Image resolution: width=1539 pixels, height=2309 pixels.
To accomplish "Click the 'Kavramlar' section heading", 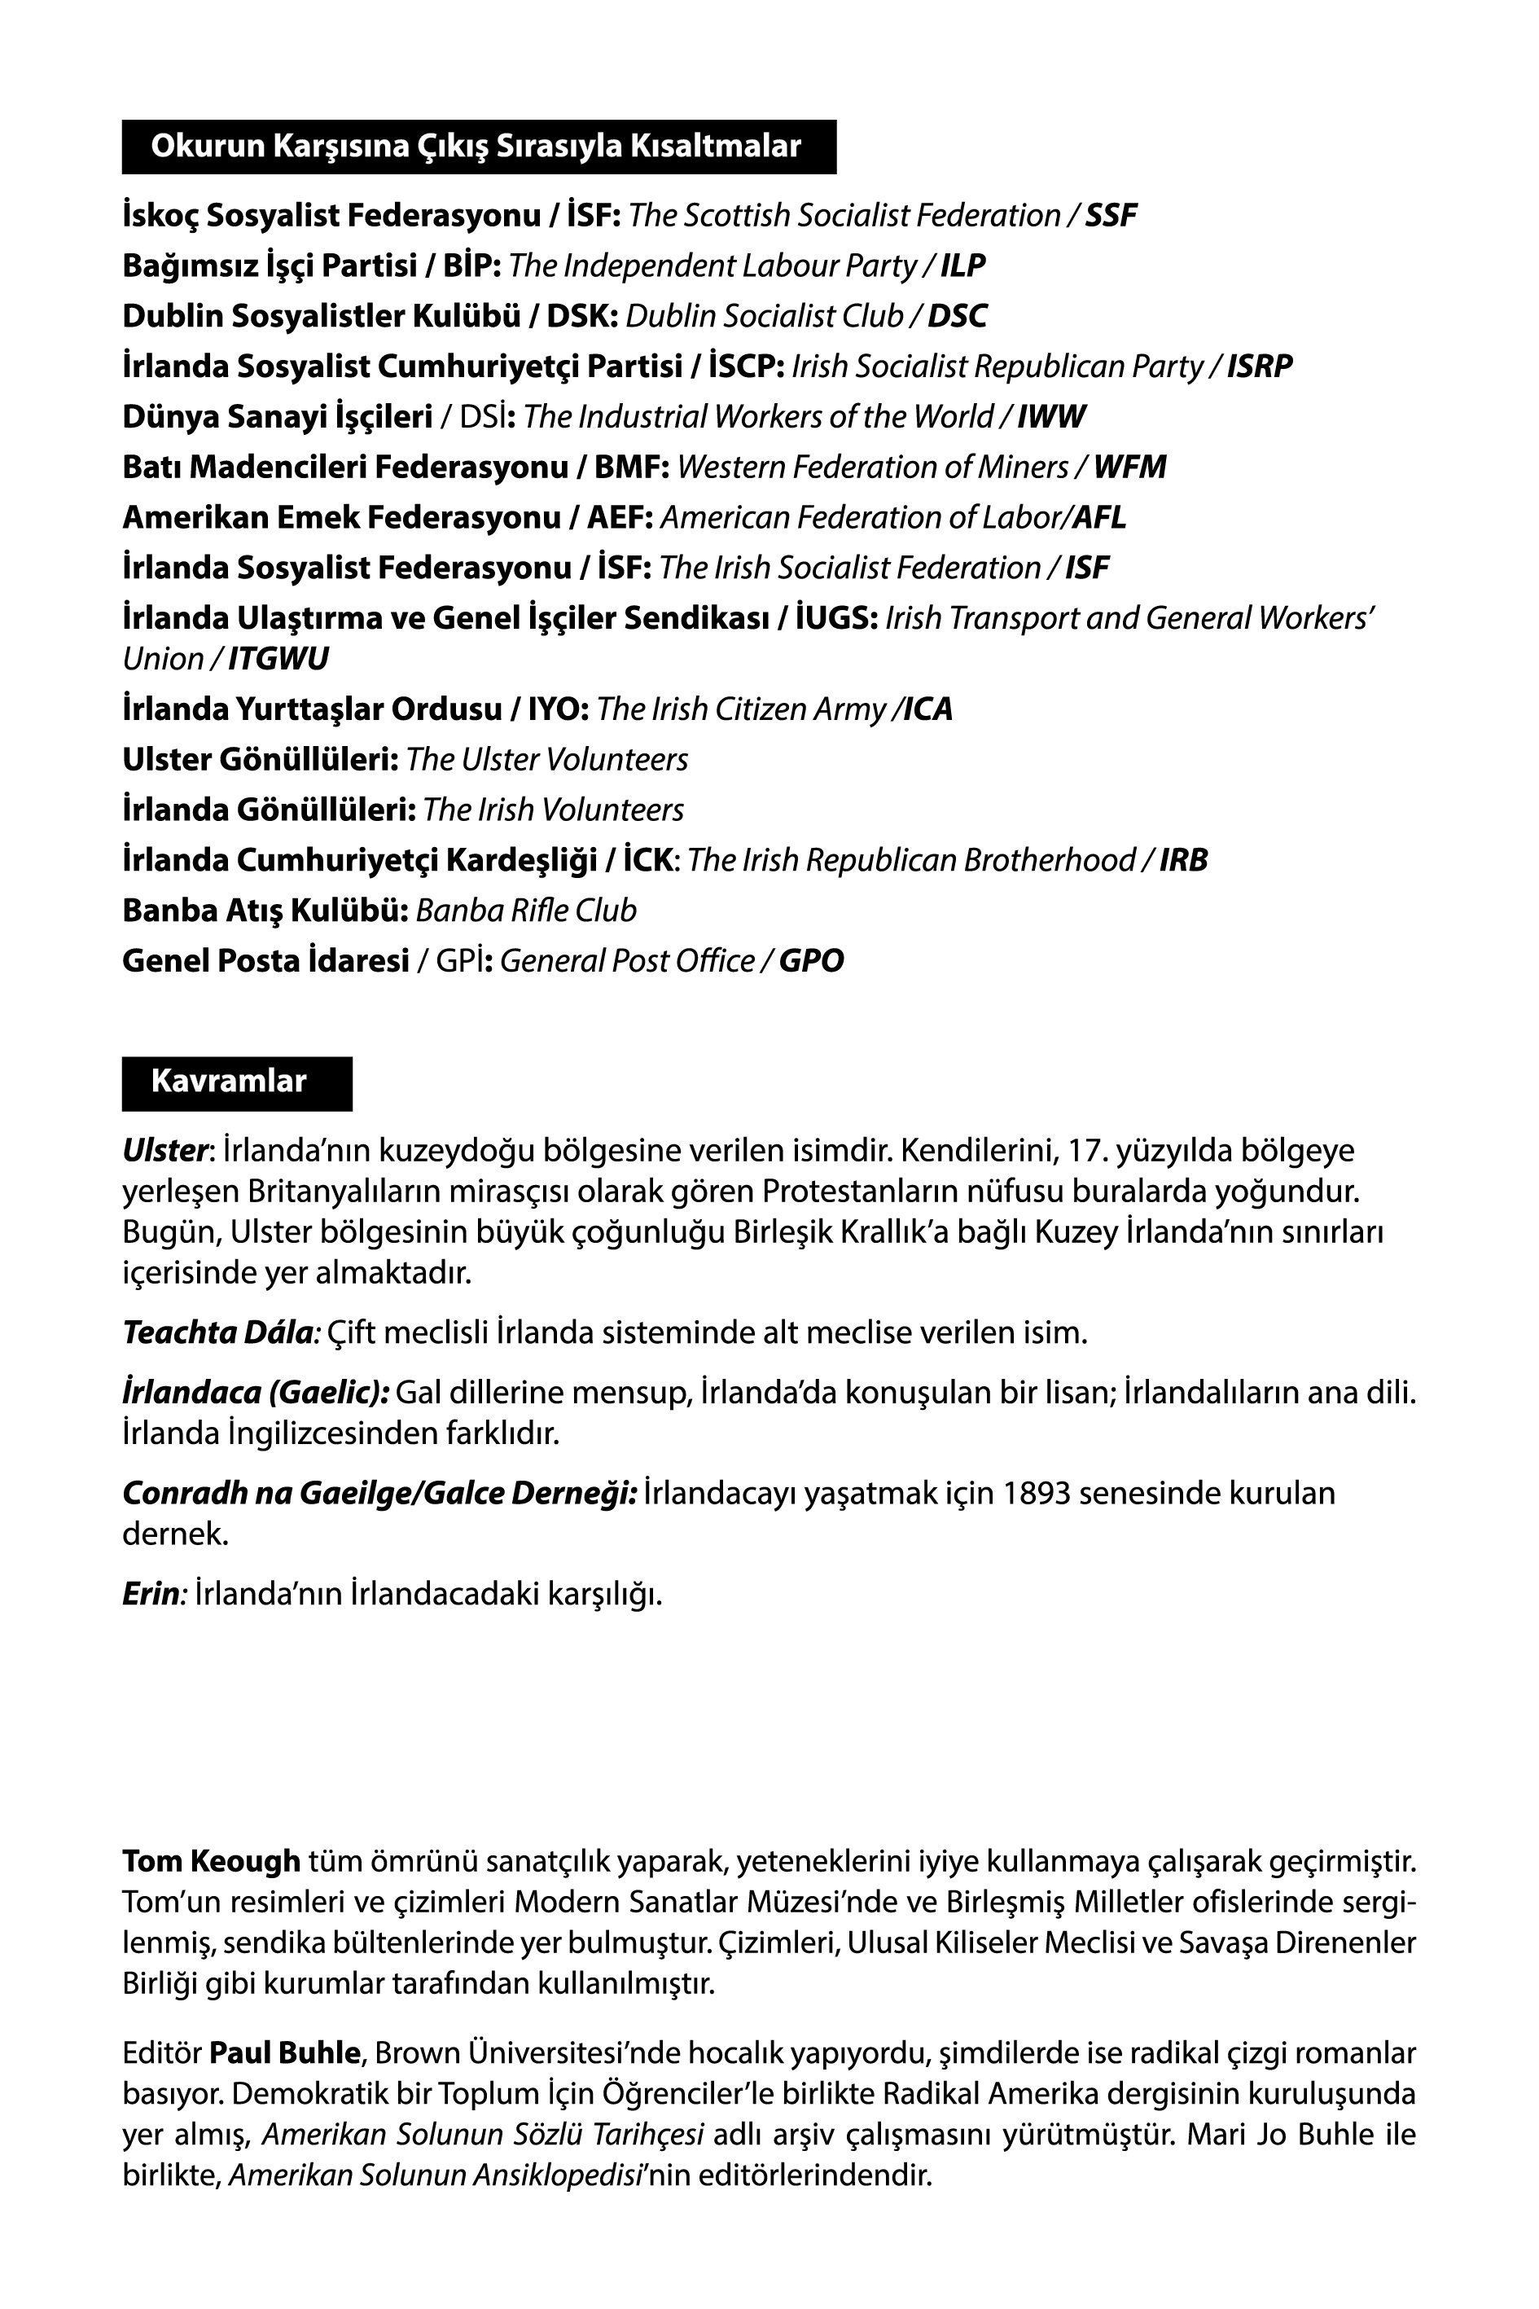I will pos(229,1082).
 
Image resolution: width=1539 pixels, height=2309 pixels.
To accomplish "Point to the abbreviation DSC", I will pos(957,316).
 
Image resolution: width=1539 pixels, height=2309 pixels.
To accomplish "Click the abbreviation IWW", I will pos(1051,417).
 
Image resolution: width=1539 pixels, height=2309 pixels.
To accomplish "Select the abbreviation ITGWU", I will pos(278,659).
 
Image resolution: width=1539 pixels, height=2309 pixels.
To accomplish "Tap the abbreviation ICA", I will pos(927,709).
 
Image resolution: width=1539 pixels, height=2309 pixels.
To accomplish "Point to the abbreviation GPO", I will pos(811,961).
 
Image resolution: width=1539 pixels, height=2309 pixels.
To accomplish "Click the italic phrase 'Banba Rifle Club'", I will pos(526,911).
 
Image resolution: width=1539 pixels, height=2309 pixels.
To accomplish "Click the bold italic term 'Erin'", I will pos(150,1595).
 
